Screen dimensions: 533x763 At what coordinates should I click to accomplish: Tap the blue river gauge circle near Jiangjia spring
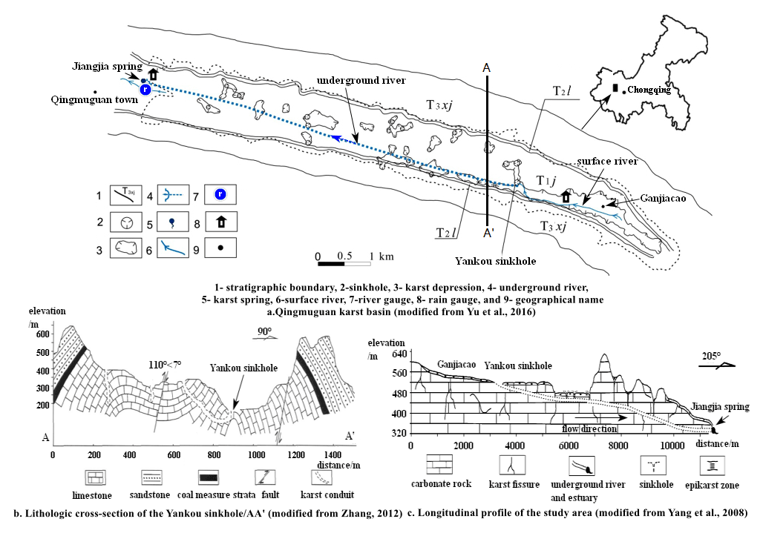[145, 89]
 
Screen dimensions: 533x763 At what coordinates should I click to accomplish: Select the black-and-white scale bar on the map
[344, 263]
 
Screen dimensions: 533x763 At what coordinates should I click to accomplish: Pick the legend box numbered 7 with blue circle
[220, 196]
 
